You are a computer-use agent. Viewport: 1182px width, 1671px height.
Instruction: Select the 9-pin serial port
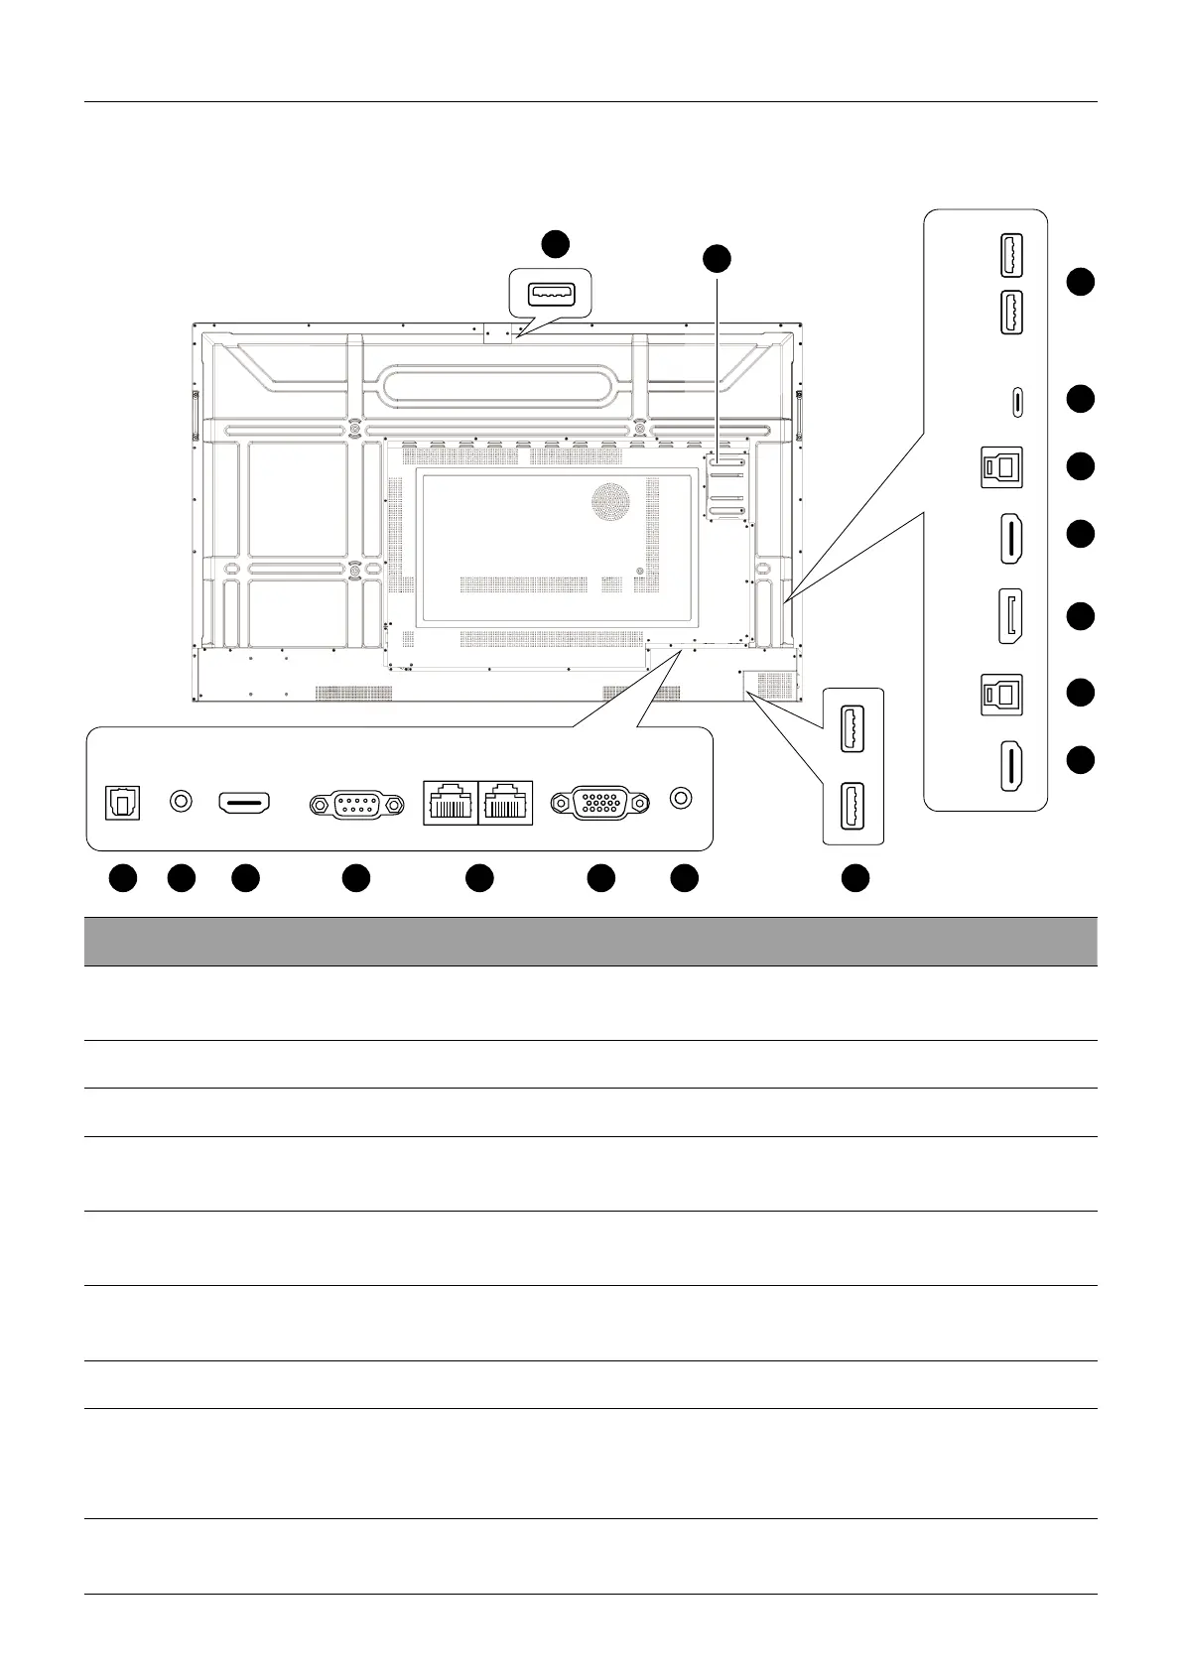point(356,805)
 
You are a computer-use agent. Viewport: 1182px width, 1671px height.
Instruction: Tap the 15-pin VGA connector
point(601,803)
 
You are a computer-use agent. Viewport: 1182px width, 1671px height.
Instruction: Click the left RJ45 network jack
point(451,803)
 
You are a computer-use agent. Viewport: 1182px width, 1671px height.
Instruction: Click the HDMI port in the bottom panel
point(245,802)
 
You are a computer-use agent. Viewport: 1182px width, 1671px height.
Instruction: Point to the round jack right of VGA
point(681,798)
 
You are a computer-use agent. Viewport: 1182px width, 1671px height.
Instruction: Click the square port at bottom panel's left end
point(124,803)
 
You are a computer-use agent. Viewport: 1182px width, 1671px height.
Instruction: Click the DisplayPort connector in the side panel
point(1011,617)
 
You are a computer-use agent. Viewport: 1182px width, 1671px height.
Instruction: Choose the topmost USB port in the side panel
point(1011,256)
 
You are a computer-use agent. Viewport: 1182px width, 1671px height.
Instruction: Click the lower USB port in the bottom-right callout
point(854,804)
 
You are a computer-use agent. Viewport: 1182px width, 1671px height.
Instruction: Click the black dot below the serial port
point(356,878)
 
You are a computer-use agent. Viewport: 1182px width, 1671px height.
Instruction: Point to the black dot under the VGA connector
point(600,878)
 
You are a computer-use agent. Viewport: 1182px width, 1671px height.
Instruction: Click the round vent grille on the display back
point(611,501)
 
